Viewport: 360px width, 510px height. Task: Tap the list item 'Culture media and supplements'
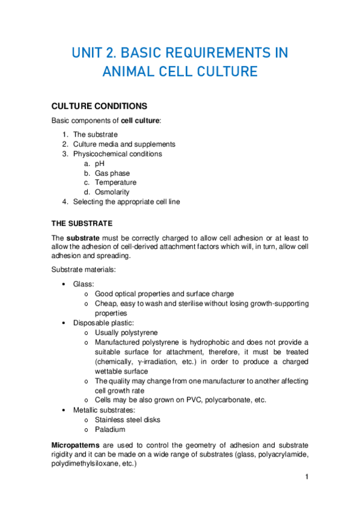tap(124, 144)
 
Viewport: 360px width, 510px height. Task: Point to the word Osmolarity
tap(114, 192)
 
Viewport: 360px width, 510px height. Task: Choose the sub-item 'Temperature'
tap(115, 183)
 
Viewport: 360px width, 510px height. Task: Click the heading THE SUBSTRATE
tap(90, 223)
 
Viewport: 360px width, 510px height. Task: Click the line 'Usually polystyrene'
tap(126, 333)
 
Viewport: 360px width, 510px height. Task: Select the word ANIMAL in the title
tap(129, 72)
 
